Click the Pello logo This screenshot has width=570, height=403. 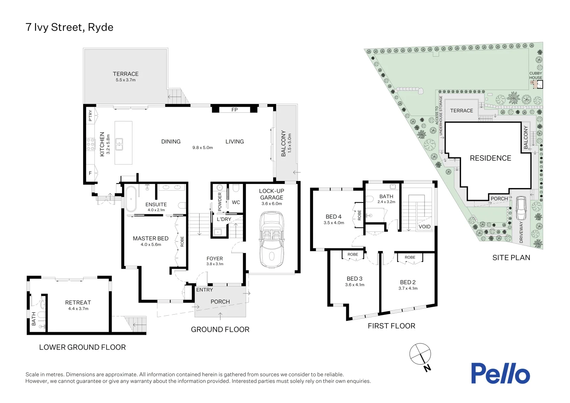coord(500,374)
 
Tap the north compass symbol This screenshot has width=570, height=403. coord(420,354)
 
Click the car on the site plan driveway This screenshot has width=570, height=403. coord(520,209)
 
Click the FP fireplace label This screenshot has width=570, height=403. coord(234,110)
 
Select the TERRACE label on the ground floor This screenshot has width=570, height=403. coord(126,74)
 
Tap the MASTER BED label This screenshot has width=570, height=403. coord(151,238)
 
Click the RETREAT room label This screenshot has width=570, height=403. coord(78,303)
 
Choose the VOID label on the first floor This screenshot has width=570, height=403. coord(425,227)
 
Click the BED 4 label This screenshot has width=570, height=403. coord(333,217)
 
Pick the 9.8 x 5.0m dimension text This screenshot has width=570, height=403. coord(203,148)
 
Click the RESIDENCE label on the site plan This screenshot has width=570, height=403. coord(490,158)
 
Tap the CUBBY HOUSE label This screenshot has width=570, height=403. coord(536,75)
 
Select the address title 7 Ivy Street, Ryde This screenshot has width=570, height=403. coord(69,27)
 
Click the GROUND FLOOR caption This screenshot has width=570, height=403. coord(220,329)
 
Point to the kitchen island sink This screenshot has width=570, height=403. coord(119,144)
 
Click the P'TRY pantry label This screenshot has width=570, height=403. coord(90,116)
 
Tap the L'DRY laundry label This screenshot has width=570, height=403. coord(224,219)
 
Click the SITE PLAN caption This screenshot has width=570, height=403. coord(511,257)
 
